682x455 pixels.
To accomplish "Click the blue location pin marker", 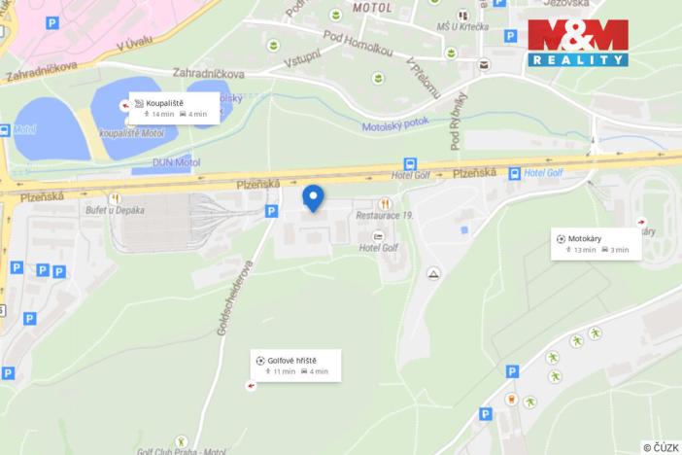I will (x=313, y=197).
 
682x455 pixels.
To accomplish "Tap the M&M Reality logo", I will (x=577, y=43).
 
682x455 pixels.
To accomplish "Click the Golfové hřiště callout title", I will (x=291, y=360).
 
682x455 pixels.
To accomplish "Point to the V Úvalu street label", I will (x=135, y=44).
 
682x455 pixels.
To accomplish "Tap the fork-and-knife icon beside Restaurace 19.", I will (x=386, y=203).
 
